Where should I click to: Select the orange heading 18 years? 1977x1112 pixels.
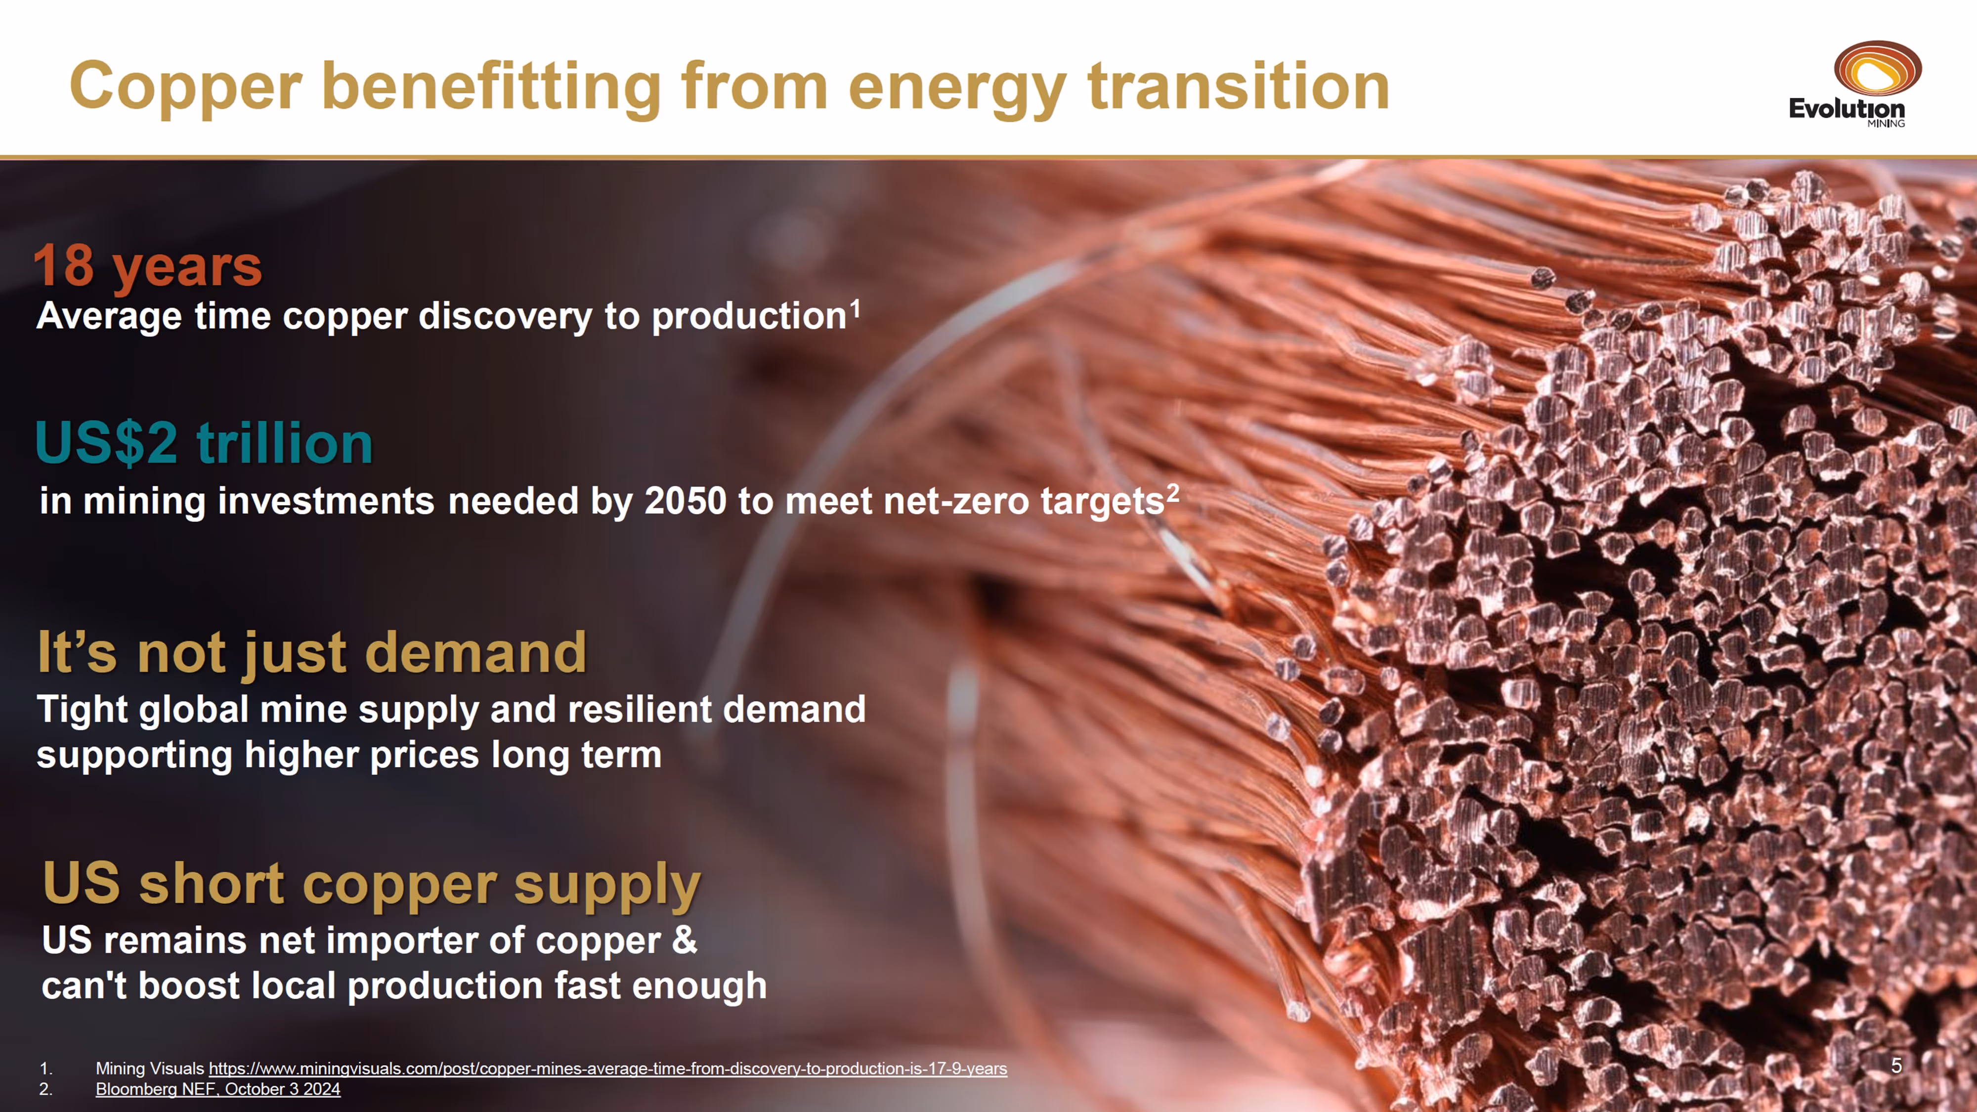pyautogui.click(x=148, y=267)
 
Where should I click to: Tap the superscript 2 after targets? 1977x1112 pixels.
pyautogui.click(x=1173, y=493)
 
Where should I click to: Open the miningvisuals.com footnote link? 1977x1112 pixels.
pyautogui.click(x=608, y=1068)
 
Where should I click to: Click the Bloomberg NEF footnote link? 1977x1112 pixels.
pyautogui.click(x=218, y=1089)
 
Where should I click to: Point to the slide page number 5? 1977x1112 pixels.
pyautogui.click(x=1896, y=1066)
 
